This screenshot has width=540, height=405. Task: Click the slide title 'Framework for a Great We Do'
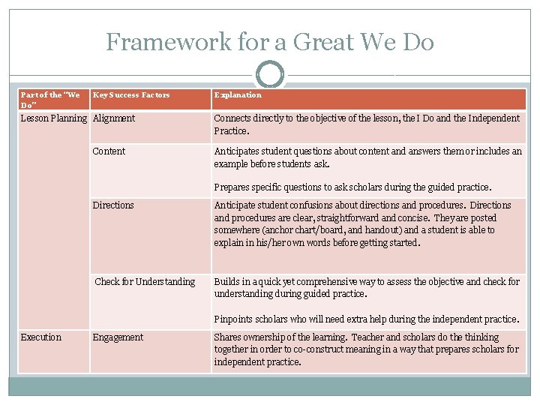270,42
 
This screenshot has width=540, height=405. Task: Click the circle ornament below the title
270,75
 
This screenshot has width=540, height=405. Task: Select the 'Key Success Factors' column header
131,95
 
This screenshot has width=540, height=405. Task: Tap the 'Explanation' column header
238,95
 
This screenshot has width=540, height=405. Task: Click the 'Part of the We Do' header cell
50,100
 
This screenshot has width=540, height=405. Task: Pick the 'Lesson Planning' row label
53,118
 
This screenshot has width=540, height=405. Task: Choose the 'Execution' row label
41,337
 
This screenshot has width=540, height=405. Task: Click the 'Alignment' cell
114,118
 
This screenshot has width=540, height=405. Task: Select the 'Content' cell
109,151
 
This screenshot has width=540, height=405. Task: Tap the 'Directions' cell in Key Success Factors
113,205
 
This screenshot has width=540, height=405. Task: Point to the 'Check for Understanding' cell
145,282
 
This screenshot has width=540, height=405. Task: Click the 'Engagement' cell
118,337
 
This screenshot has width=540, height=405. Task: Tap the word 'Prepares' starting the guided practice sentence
232,187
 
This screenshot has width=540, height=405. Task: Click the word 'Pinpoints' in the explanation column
234,319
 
